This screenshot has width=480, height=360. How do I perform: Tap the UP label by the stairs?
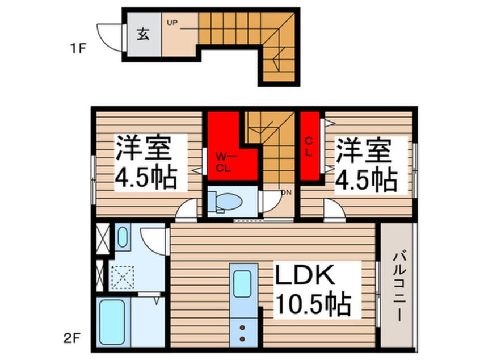(x=171, y=23)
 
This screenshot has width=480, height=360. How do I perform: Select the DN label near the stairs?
(x=285, y=192)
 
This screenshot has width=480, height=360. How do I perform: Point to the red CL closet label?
(x=309, y=146)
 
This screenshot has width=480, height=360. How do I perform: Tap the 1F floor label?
(x=78, y=48)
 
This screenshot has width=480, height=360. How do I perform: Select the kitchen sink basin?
(x=242, y=282)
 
